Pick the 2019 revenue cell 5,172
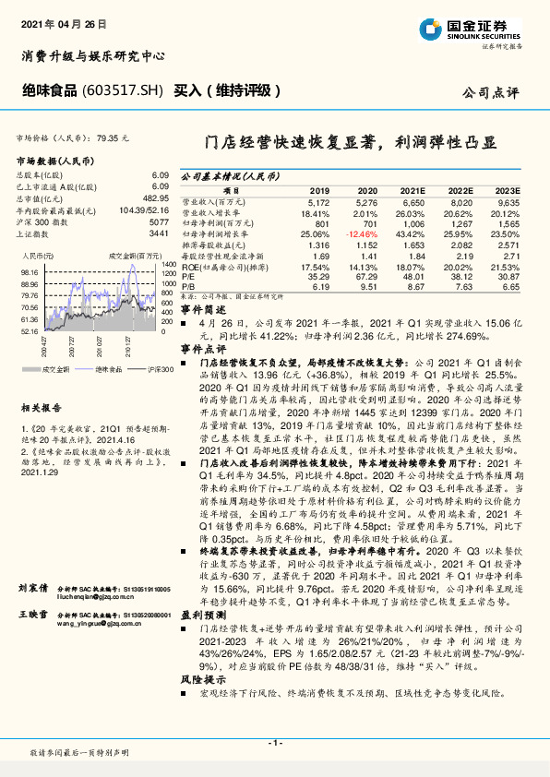click(x=317, y=200)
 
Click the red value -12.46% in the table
click(x=362, y=233)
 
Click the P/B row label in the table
click(x=188, y=287)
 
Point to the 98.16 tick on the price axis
click(x=28, y=272)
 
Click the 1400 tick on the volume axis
click(x=168, y=264)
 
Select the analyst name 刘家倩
click(x=33, y=587)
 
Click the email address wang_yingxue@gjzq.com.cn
click(x=101, y=623)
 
